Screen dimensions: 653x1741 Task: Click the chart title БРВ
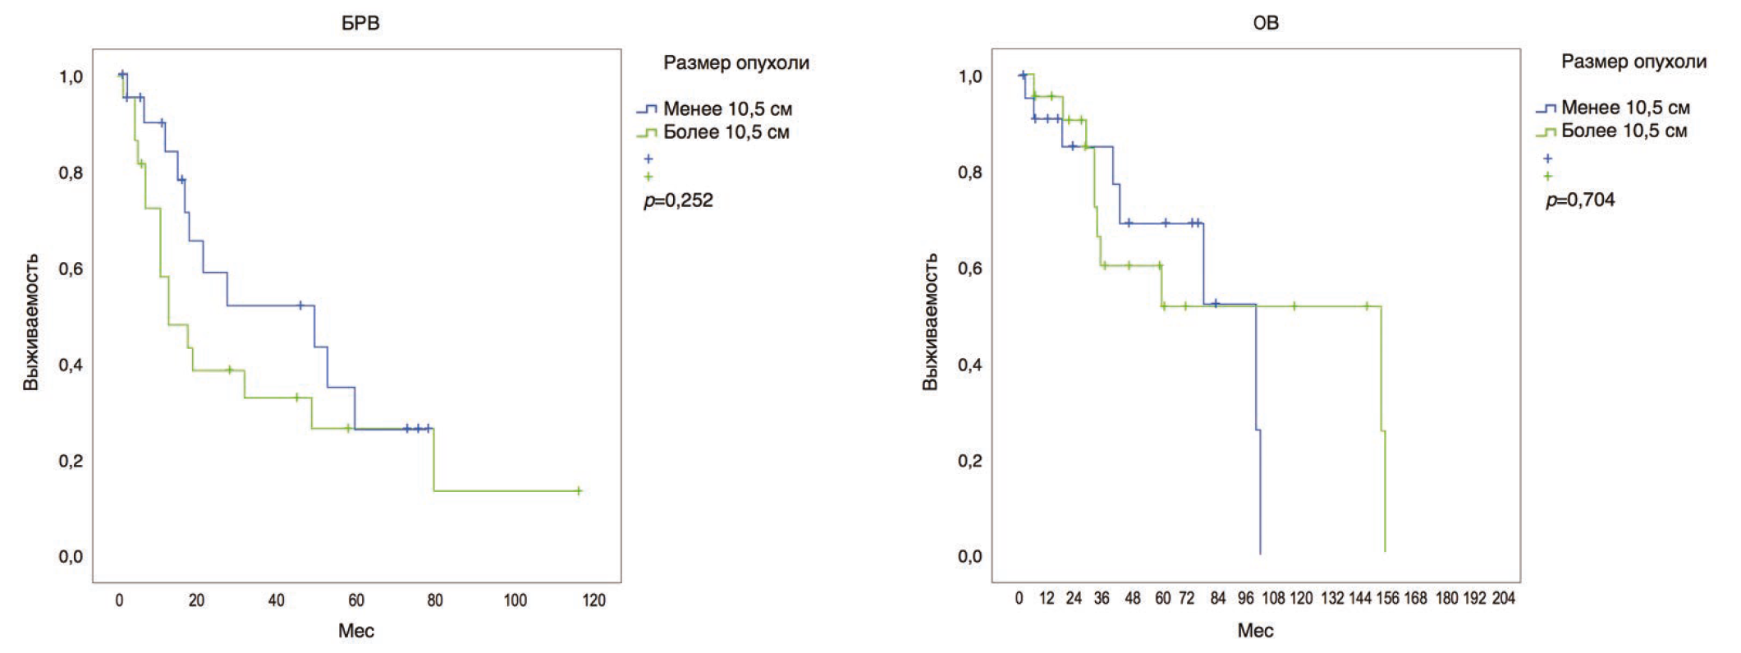point(360,23)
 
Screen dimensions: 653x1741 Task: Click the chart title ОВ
point(1265,23)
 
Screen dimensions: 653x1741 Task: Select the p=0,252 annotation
point(679,200)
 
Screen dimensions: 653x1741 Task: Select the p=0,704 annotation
point(1580,200)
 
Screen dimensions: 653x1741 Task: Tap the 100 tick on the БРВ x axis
point(515,600)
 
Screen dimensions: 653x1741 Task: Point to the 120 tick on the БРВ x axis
point(593,600)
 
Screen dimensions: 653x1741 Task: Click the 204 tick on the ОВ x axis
point(1503,599)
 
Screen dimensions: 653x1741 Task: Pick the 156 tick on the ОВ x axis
point(1387,599)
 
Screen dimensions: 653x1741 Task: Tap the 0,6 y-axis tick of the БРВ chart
point(71,269)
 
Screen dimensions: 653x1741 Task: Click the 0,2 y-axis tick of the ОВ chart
point(969,461)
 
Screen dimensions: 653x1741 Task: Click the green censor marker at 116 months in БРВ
point(579,491)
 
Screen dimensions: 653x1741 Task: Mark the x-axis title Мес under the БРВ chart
point(356,631)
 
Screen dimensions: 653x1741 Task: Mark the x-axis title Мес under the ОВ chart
point(1255,631)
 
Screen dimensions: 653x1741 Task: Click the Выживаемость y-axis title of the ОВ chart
point(930,321)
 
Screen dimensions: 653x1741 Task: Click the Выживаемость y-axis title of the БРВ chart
point(31,321)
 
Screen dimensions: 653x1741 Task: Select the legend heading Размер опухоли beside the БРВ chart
point(736,63)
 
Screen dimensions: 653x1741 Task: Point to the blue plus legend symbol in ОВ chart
point(1547,159)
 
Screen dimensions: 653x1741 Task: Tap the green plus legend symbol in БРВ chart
point(648,177)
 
